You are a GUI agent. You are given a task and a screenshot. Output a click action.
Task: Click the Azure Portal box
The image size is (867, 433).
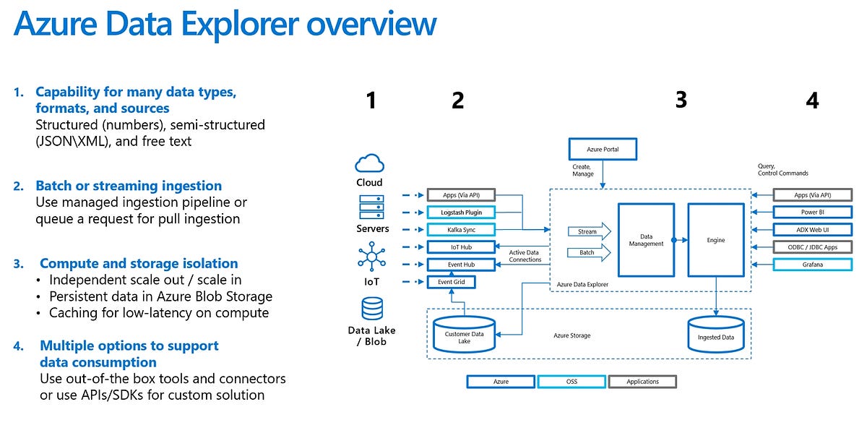pos(603,150)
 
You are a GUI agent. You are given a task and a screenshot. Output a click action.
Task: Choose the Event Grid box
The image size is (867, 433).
pos(450,282)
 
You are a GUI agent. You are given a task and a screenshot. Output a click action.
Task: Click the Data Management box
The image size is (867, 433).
pos(646,239)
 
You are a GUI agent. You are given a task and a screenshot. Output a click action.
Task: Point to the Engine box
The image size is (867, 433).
pos(715,239)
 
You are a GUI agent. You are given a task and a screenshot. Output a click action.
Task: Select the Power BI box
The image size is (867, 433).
pos(812,213)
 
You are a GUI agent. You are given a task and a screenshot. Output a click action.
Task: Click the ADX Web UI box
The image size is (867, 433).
pos(812,230)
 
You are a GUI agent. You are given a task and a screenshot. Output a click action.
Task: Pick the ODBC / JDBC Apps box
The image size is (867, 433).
pos(812,247)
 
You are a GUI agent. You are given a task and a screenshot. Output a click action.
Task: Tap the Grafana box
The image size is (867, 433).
pos(812,265)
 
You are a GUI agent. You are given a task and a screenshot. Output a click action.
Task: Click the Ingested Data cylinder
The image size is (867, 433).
pos(715,334)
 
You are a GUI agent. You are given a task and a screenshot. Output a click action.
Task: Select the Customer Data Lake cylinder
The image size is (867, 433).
pos(464,335)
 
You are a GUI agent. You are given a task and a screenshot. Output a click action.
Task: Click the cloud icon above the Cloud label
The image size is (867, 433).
pos(369,163)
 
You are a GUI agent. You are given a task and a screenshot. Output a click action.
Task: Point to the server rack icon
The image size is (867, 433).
pos(371,208)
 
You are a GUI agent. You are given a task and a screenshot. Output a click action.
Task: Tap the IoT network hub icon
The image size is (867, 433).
pos(371,257)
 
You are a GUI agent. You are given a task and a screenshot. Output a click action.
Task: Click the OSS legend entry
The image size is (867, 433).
pos(571,381)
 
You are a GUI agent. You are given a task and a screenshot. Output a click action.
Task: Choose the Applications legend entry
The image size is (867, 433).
pos(642,381)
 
